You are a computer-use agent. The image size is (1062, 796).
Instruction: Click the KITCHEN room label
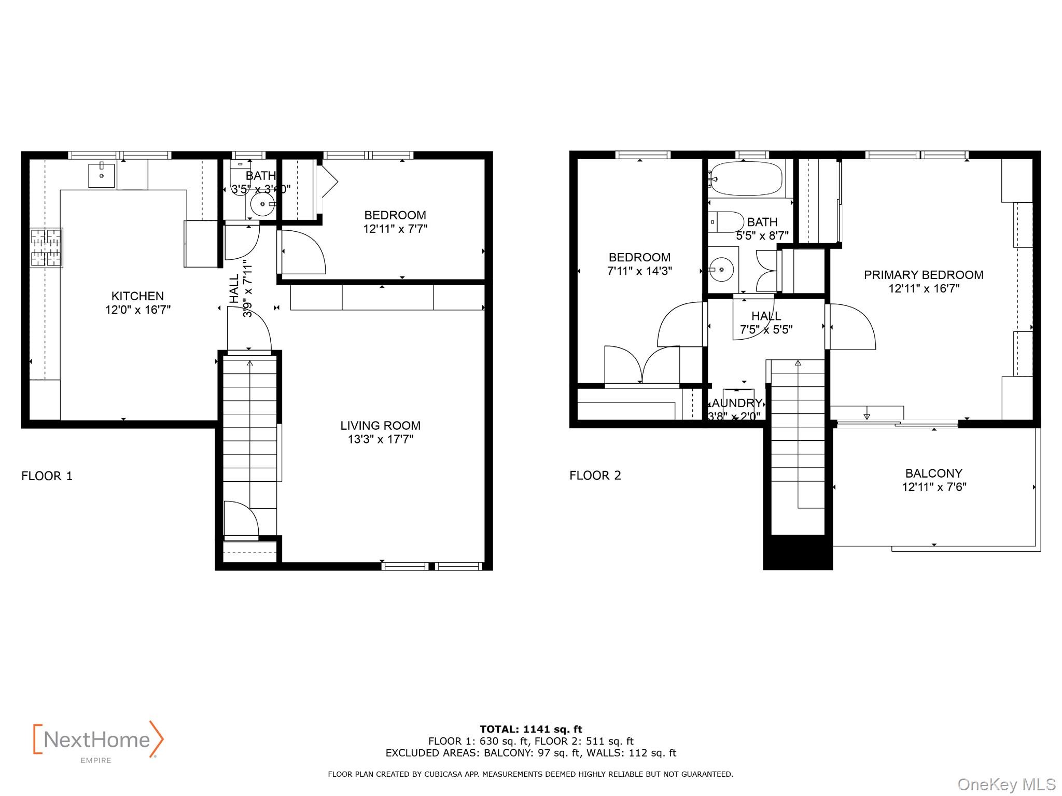137,296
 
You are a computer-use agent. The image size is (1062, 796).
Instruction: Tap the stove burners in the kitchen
46,248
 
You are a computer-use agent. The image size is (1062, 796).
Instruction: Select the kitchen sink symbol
102,175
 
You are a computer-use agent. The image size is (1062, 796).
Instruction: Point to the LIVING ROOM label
380,426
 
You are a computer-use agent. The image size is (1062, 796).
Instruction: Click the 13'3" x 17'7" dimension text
380,440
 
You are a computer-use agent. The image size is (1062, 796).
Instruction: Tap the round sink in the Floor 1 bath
263,204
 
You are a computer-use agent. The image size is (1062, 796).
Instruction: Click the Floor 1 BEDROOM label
395,215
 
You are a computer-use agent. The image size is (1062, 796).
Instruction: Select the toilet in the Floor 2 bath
726,222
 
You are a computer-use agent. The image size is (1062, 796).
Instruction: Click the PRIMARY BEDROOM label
923,275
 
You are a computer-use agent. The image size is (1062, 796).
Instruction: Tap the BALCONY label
933,473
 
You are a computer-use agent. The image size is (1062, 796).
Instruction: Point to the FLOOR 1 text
47,476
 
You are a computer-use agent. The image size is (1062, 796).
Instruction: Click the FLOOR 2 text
595,476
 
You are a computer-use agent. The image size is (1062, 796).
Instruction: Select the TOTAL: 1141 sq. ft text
530,729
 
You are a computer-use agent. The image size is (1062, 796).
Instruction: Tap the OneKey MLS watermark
1006,785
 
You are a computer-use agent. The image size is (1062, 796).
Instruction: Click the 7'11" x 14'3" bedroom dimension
639,271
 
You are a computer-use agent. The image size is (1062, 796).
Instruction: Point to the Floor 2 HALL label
766,316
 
